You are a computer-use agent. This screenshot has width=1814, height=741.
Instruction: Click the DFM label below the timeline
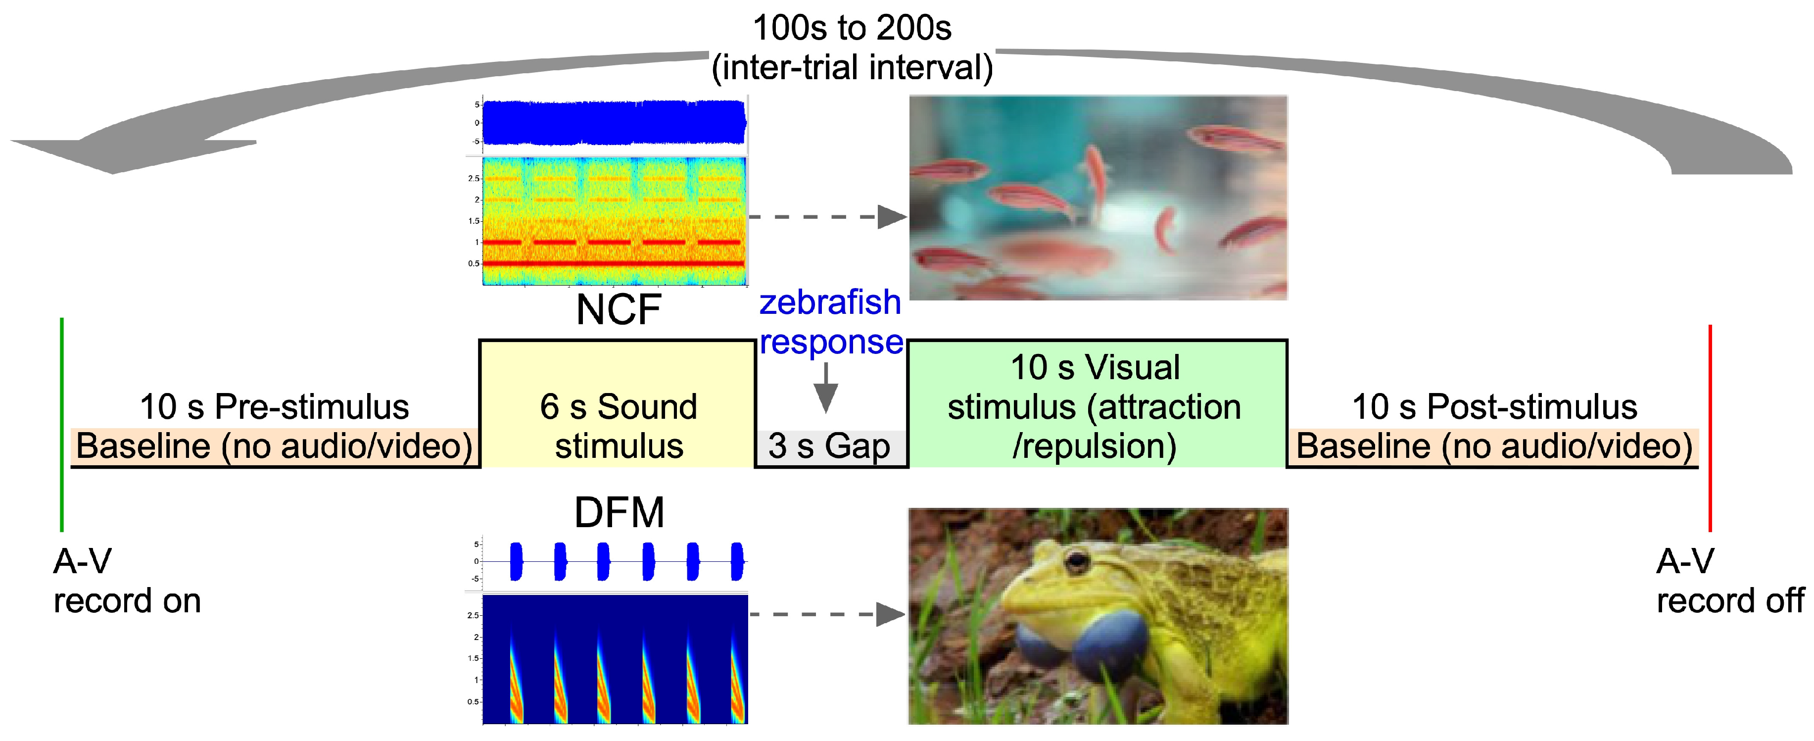click(619, 512)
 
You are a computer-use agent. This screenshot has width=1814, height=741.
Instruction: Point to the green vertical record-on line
click(62, 423)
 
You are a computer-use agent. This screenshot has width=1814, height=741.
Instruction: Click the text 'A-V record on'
click(127, 581)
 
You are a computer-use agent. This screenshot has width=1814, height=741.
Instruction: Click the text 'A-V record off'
click(1729, 581)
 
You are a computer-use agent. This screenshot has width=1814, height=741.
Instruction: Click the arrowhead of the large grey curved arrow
click(105, 151)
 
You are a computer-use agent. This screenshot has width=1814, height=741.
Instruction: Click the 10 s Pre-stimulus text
click(275, 406)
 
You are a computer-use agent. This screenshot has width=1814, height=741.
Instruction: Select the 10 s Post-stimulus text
click(1494, 406)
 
